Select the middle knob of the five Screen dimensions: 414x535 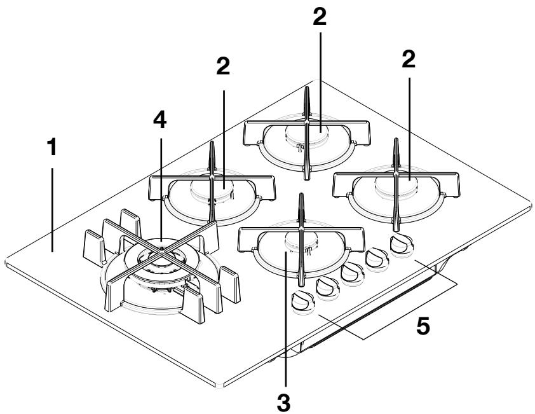(x=351, y=273)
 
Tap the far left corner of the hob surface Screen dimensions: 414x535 (x=6, y=261)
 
